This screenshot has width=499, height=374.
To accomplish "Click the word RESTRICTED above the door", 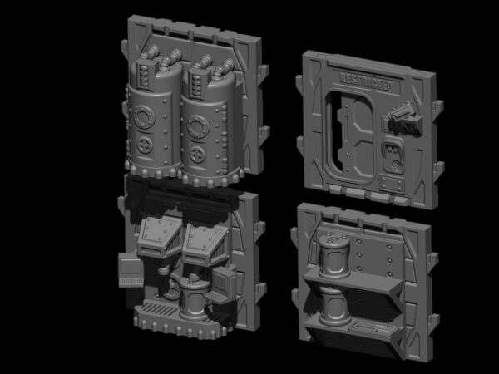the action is (366, 81).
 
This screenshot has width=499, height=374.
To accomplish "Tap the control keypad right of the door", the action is (393, 155).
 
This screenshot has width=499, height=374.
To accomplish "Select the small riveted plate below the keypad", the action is (392, 184).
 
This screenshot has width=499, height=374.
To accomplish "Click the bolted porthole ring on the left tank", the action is (144, 116).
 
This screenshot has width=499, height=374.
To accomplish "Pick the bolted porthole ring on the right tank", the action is (198, 126).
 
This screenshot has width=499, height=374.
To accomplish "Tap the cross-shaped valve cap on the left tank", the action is (145, 145).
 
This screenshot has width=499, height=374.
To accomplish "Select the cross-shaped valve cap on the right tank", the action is (198, 155).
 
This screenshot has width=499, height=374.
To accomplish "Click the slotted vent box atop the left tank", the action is (145, 73).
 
